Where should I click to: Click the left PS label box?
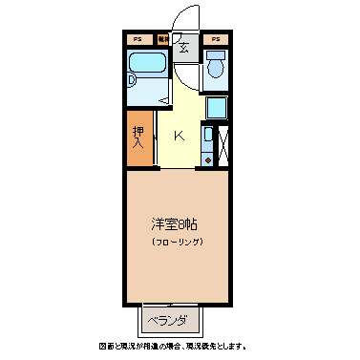click(138, 40)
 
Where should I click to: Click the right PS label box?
click(215, 40)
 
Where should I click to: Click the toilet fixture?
click(215, 67)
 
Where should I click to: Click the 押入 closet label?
click(138, 138)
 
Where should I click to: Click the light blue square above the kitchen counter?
click(216, 108)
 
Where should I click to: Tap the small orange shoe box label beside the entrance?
click(163, 40)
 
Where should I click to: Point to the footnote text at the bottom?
click(179, 346)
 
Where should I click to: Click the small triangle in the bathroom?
click(164, 98)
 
